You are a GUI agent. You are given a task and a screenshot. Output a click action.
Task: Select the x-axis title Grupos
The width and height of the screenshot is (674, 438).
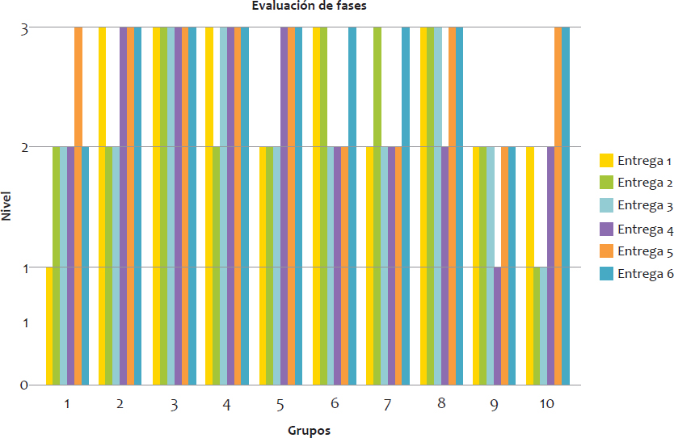[309, 430]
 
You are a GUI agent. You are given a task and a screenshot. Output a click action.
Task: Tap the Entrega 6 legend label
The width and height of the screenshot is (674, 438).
[645, 273]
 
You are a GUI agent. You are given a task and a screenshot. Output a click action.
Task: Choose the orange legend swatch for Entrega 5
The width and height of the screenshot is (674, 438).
[606, 251]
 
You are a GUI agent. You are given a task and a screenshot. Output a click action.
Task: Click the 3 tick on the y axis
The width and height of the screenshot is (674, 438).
[25, 29]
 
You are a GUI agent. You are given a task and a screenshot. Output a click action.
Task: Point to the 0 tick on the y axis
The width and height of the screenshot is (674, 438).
[25, 385]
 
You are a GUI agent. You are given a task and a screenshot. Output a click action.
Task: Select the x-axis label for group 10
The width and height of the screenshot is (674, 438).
[546, 403]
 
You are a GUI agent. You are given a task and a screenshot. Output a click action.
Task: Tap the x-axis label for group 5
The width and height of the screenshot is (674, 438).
[280, 403]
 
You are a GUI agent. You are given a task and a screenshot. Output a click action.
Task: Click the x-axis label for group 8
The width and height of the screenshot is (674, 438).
[440, 403]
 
